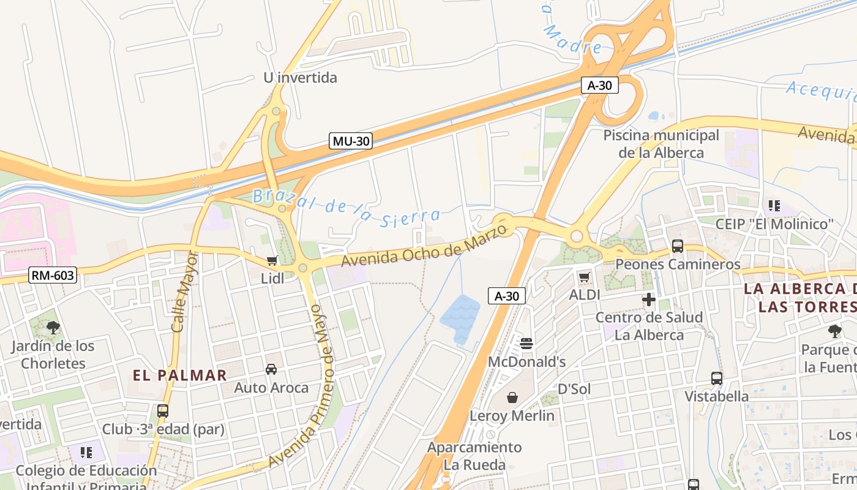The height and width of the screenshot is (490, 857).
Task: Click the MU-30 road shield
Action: click(x=351, y=141)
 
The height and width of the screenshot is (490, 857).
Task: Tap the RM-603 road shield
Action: click(x=53, y=275)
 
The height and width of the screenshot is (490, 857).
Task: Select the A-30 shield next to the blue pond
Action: click(x=506, y=296)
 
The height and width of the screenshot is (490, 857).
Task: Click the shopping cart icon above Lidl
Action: click(x=272, y=260)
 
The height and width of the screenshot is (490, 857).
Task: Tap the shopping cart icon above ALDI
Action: click(x=584, y=277)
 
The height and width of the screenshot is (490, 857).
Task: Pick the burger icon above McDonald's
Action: click(x=526, y=343)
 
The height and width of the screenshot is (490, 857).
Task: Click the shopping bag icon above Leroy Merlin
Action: click(x=512, y=398)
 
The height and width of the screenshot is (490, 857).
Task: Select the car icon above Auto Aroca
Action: click(x=271, y=369)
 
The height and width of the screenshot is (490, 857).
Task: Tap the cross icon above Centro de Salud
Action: click(x=649, y=300)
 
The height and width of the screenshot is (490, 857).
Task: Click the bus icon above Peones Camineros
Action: click(x=678, y=246)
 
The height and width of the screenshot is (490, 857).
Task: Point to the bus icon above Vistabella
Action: click(x=716, y=378)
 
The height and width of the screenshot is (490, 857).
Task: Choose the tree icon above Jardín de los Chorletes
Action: click(x=53, y=328)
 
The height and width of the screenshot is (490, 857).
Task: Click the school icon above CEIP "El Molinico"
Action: click(x=774, y=206)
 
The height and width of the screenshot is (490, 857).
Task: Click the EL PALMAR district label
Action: click(x=180, y=375)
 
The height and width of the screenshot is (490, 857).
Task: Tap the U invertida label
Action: click(x=300, y=78)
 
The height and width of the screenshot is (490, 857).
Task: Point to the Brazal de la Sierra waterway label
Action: click(x=346, y=207)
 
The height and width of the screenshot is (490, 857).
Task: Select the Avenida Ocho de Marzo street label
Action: click(x=424, y=246)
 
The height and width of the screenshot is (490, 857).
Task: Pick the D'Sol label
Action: click(x=574, y=389)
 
